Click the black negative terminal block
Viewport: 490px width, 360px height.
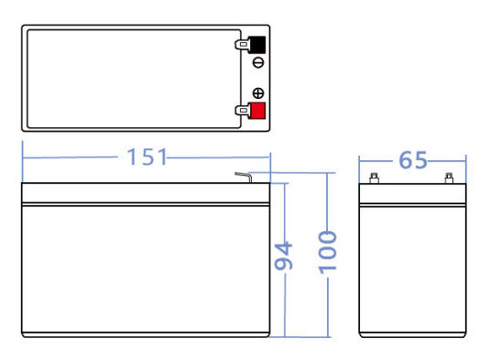(x=256, y=45)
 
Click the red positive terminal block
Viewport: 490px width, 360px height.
(x=256, y=111)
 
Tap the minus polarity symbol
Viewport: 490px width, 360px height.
(x=258, y=63)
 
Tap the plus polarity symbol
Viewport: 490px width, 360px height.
(x=258, y=93)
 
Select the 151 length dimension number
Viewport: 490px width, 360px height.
(x=147, y=157)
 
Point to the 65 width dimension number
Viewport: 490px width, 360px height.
(x=413, y=160)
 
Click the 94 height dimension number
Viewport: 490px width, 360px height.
(x=283, y=256)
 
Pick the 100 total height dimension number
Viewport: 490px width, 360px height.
(x=328, y=253)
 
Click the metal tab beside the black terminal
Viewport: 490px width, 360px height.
(x=242, y=45)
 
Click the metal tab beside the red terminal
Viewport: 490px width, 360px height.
(x=242, y=111)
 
